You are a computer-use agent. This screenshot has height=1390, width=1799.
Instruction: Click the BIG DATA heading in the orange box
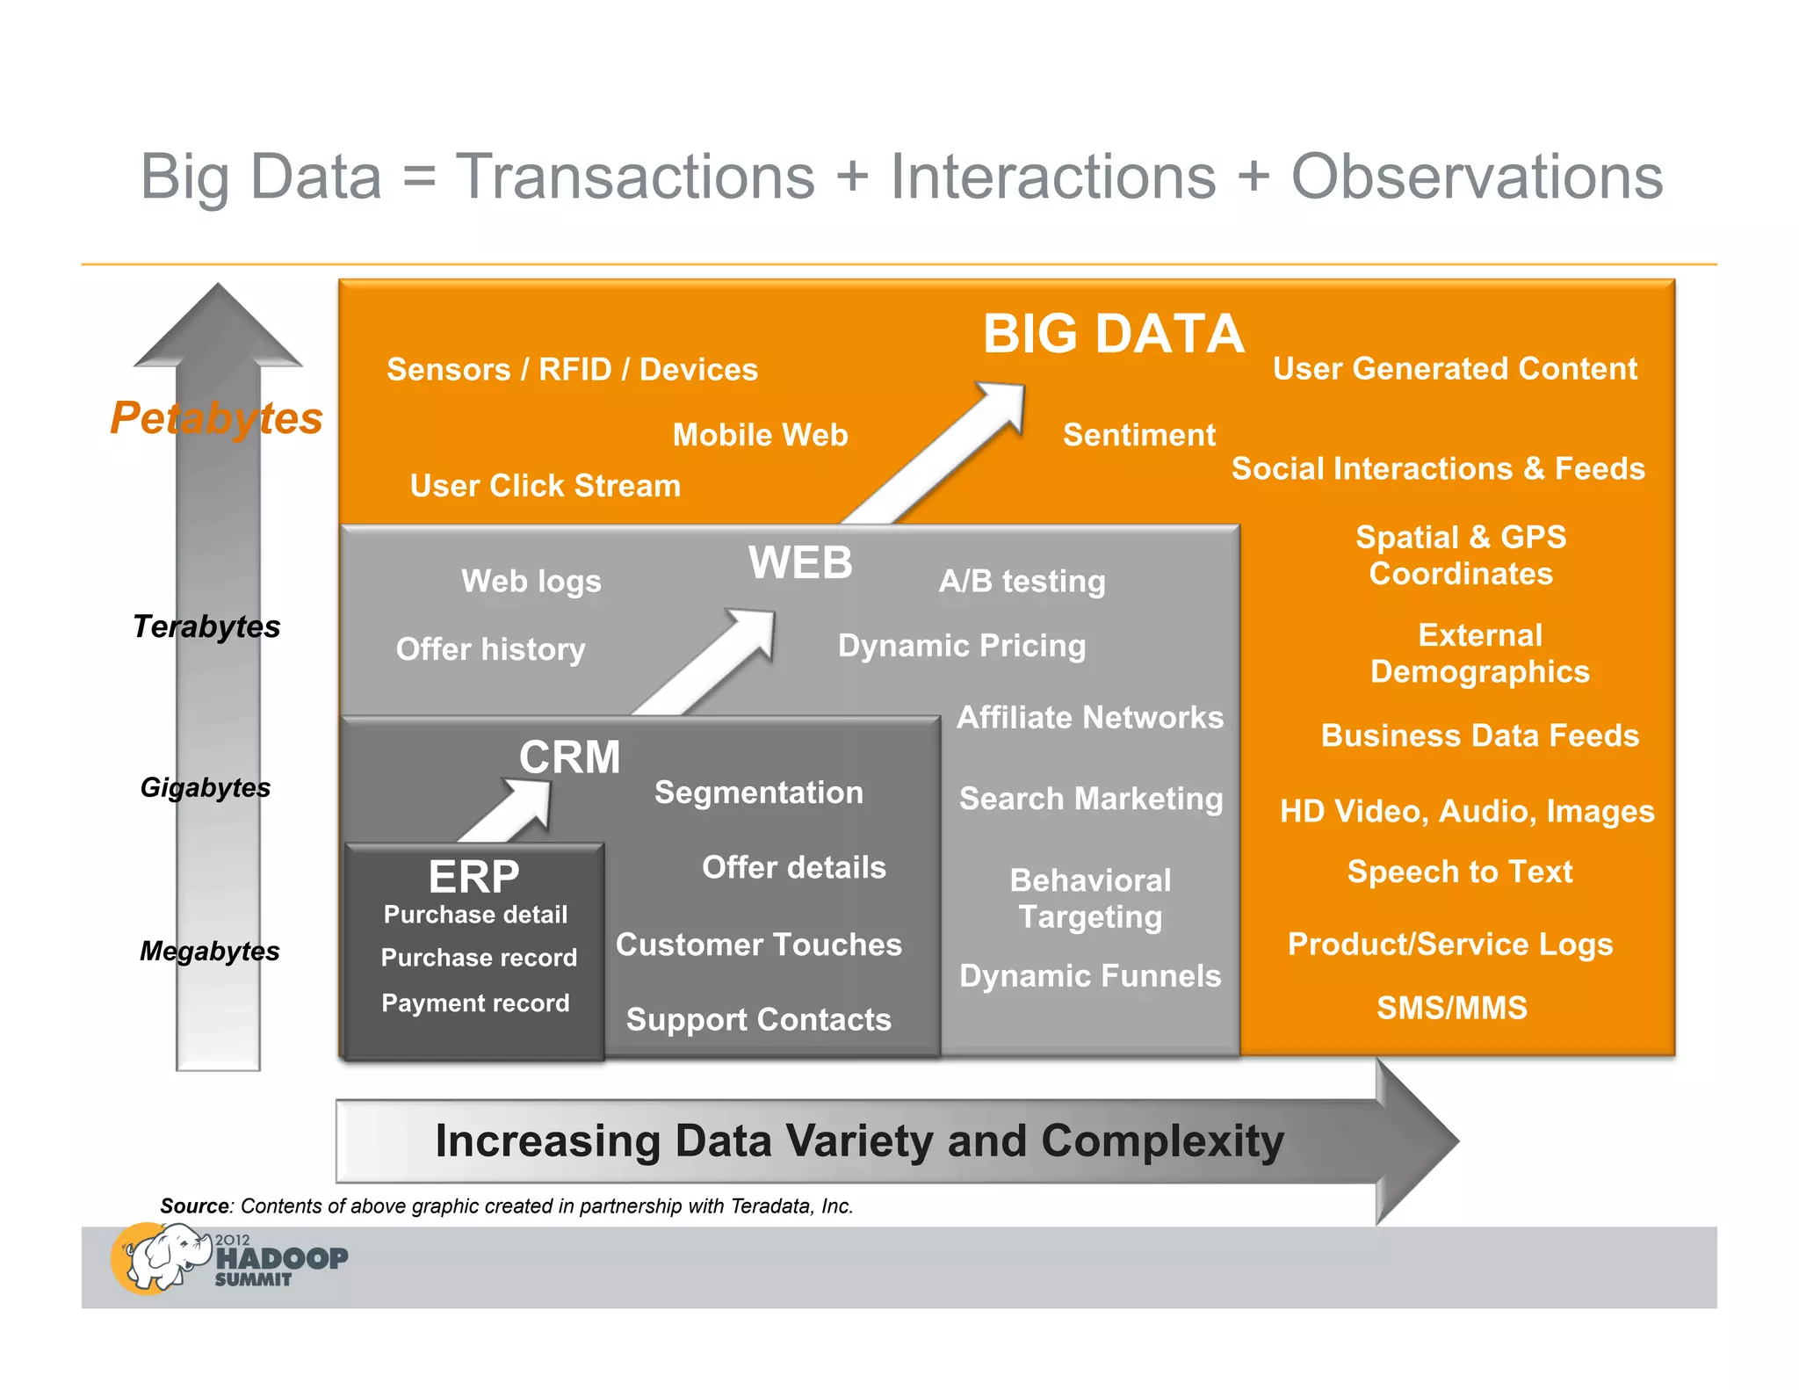coord(1112,334)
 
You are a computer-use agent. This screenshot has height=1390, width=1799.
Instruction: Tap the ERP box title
coord(473,876)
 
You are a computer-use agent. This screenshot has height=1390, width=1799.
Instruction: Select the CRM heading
coord(569,757)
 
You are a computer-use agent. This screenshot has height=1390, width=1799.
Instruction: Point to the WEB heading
coord(800,562)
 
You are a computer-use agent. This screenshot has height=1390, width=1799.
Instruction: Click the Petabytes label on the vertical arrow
coord(216,417)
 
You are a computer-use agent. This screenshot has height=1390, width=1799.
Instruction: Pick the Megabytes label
coord(209,951)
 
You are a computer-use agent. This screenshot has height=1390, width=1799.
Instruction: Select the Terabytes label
coord(206,626)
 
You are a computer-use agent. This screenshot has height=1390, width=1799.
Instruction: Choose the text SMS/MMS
coord(1451,1008)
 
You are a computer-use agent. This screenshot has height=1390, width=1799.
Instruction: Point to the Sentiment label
coord(1138,435)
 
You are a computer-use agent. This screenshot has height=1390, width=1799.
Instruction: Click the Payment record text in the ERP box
coord(475,1003)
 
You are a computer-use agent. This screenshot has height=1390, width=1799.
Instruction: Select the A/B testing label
coord(1022,581)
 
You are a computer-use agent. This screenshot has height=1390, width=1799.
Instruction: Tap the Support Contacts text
coord(758,1019)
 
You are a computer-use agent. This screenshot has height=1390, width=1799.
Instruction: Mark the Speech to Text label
coord(1459,872)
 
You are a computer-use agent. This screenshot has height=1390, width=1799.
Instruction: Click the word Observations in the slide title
coord(1476,177)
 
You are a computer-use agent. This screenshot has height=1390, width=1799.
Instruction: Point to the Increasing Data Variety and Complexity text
coord(859,1140)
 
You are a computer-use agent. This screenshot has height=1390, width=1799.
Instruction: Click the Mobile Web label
coord(760,435)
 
